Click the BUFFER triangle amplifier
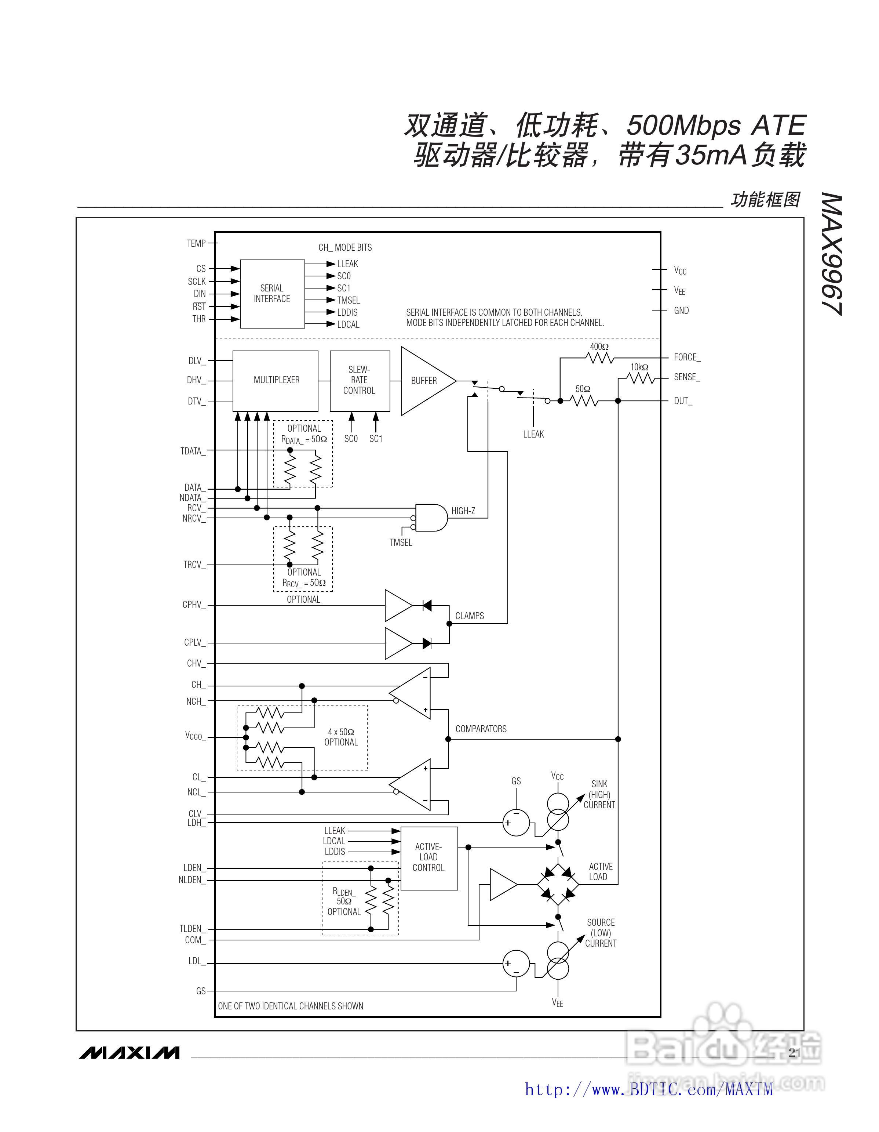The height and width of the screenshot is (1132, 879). coord(424,381)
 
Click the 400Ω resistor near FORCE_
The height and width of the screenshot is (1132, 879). coord(599,358)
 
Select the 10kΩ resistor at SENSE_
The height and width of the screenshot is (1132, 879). coord(641,379)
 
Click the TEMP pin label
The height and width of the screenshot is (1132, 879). coord(196,243)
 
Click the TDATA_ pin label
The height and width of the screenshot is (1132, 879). coord(193,451)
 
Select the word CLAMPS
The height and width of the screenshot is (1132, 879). coord(469,616)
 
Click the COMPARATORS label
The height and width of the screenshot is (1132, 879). coord(481,729)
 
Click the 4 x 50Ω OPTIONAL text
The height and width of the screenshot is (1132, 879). coord(341,737)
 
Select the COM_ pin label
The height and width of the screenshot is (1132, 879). coord(195,940)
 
